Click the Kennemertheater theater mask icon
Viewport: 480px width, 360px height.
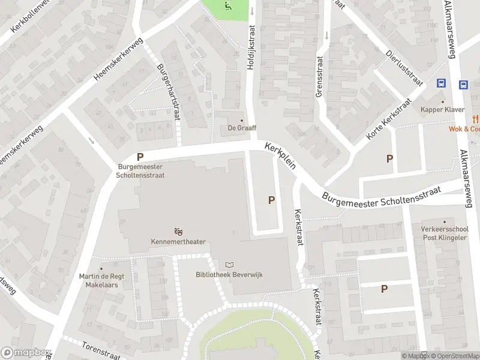click(178, 231)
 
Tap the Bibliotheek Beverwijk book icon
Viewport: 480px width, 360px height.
click(229, 265)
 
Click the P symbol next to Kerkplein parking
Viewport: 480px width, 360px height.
click(272, 200)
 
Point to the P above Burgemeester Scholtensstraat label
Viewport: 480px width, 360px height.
click(140, 157)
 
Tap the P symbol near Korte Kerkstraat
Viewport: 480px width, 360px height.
click(389, 159)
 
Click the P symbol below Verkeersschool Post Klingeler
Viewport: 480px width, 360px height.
click(384, 289)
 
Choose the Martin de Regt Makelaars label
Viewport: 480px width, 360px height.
click(98, 280)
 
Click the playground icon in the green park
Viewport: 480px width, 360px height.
click(227, 7)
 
